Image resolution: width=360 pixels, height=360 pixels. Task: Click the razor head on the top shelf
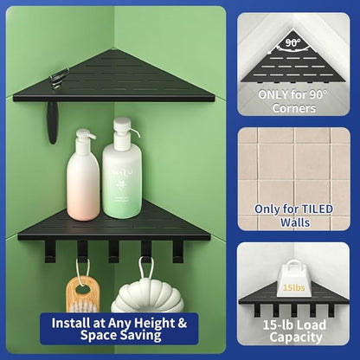[60, 78]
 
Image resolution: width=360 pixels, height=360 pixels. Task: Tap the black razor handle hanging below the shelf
[52, 122]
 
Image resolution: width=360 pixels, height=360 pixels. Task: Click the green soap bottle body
[122, 181]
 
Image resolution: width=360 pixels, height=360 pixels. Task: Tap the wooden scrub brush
[83, 294]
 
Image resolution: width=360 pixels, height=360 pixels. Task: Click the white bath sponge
[147, 297]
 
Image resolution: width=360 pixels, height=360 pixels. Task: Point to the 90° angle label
[292, 43]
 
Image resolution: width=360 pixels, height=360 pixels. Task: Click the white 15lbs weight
[293, 280]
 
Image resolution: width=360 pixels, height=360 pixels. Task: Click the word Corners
[293, 108]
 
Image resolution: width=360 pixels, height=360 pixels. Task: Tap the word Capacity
[296, 337]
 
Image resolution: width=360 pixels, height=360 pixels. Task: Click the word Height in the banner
[155, 324]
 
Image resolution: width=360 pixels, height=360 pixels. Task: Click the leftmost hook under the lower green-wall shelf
[50, 252]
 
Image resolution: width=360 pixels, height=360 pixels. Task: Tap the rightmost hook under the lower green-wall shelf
[177, 252]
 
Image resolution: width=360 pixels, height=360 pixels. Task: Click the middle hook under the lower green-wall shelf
[113, 252]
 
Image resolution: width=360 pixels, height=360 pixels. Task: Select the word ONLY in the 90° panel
[273, 94]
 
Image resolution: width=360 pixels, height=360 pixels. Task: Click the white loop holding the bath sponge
[146, 268]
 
